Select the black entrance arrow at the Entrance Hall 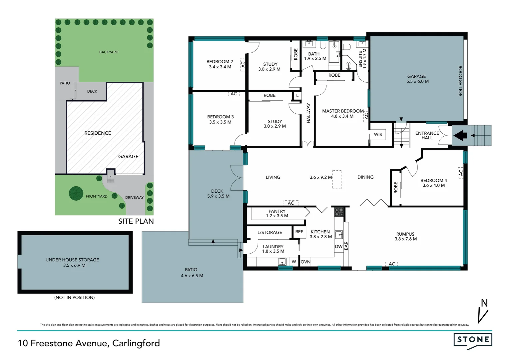460,136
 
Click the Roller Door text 461,81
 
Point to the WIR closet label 378,134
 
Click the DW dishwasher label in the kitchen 338,247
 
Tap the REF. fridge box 299,232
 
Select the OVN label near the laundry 305,262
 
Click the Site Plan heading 136,221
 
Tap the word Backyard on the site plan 109,52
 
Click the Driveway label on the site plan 134,197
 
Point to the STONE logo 473,340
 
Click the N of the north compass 484,303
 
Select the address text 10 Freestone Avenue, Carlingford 89,343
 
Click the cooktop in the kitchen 339,212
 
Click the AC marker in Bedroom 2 243,64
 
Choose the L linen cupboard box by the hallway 297,96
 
